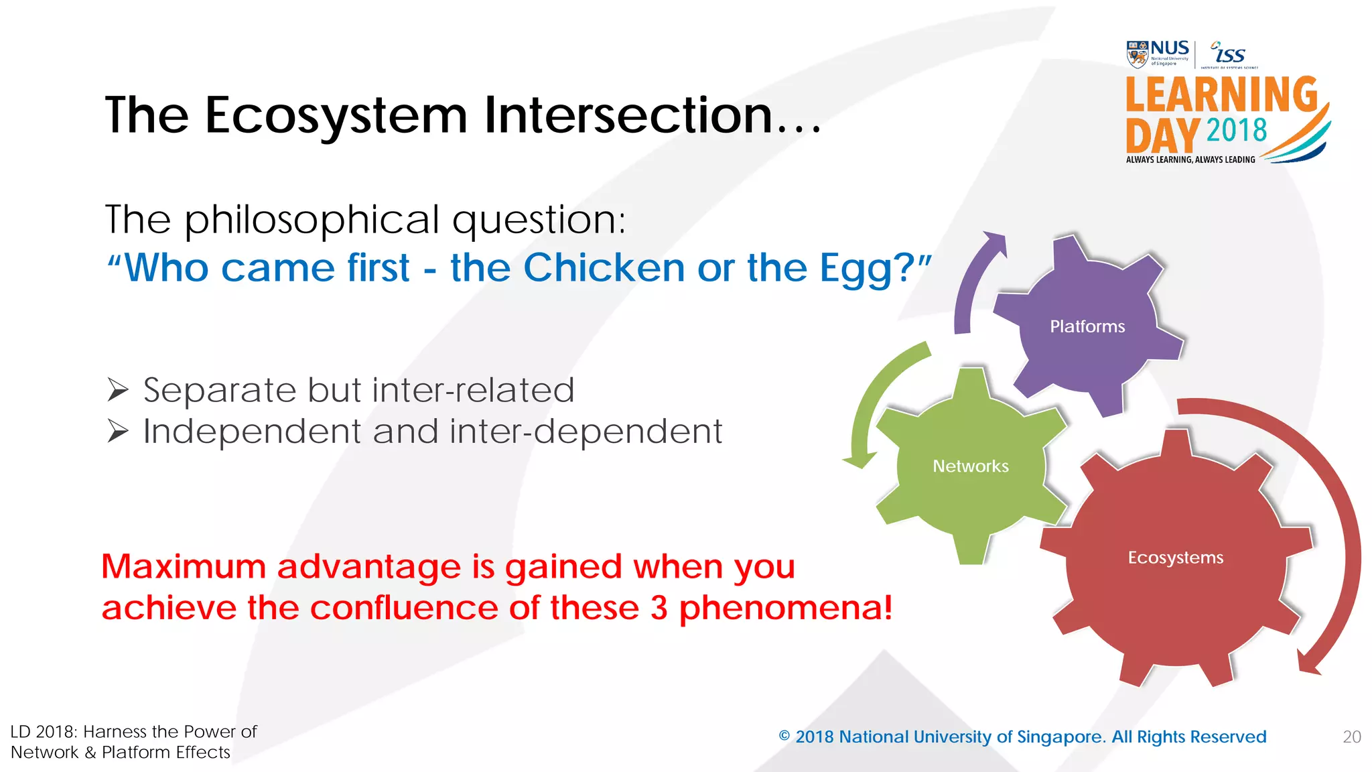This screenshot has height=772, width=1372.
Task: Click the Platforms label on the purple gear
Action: click(1087, 326)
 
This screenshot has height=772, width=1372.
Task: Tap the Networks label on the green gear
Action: click(970, 466)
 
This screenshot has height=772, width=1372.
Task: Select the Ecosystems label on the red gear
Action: click(1175, 558)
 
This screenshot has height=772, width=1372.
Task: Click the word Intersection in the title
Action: click(628, 115)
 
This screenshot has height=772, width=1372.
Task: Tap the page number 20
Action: click(1351, 737)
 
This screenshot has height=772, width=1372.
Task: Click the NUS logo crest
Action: click(1137, 54)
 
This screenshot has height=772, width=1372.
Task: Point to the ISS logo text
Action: click(1230, 54)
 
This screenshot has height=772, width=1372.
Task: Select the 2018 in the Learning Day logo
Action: click(1237, 130)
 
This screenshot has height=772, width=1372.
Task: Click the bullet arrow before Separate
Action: click(118, 390)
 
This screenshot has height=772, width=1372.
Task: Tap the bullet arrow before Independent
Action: click(118, 432)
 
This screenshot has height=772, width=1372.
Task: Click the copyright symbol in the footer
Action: click(784, 736)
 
